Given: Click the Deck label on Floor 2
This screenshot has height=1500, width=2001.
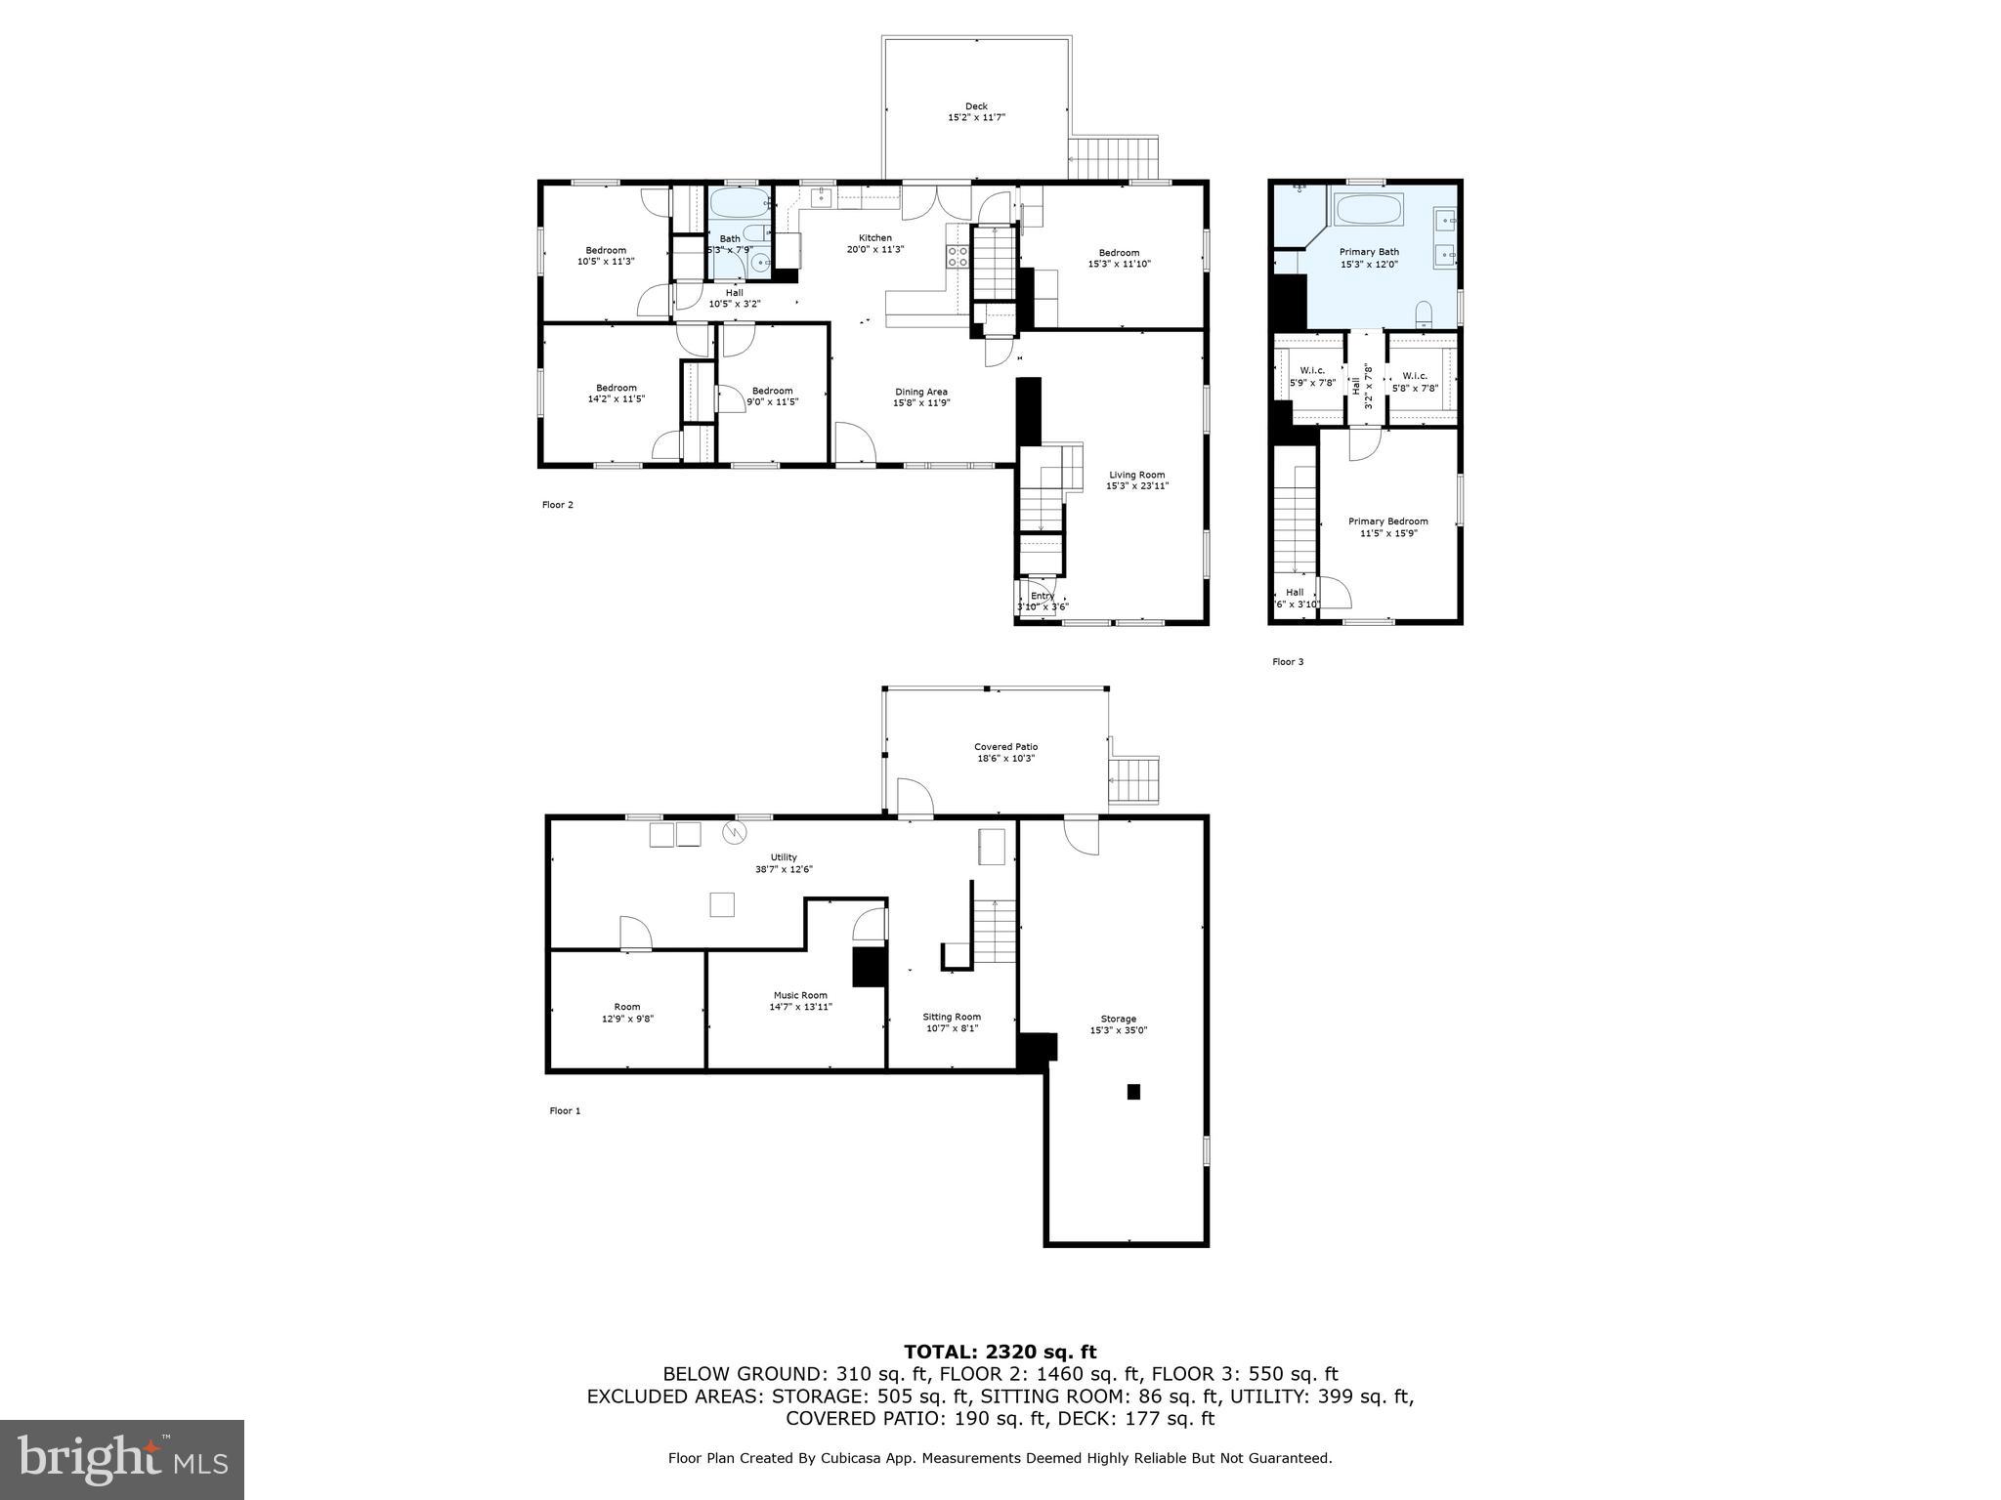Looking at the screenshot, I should (976, 106).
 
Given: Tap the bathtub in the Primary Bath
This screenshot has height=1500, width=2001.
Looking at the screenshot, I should (1368, 210).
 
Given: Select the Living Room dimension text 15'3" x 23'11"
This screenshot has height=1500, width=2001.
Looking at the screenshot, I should (1137, 486).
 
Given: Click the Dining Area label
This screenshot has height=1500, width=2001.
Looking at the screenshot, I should (921, 392).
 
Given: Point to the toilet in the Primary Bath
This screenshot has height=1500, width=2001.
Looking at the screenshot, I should (1424, 313).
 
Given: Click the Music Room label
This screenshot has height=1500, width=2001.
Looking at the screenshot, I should (800, 995).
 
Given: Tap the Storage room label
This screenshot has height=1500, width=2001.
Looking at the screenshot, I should (1119, 1019).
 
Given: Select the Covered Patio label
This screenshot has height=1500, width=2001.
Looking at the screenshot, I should (1005, 747).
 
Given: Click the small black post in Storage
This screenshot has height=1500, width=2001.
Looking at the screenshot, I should (1133, 1092).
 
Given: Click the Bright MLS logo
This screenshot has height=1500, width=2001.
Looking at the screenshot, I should (122, 1459).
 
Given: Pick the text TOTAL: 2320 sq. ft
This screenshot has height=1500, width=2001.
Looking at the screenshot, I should (1000, 1352).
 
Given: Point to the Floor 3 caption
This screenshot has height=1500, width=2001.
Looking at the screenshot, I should (1287, 662).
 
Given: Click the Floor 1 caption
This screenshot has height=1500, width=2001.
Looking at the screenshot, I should (565, 1110).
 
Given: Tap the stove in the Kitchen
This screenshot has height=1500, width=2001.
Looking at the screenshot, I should (957, 257).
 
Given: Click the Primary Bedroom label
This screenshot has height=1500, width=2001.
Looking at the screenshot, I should (1387, 521).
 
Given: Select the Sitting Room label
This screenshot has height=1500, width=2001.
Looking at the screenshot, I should (952, 1017).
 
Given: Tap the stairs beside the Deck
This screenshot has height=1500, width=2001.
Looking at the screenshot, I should (1113, 157).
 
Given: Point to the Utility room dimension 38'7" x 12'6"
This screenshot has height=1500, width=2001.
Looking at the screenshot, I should (784, 869).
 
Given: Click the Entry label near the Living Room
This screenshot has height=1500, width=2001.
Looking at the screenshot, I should (1042, 596).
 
